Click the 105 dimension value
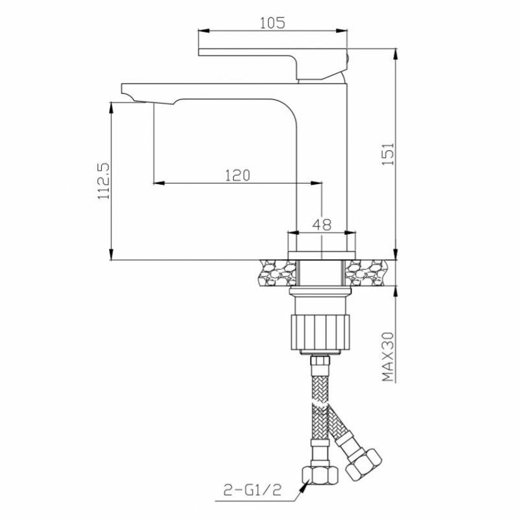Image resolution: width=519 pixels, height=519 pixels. click(272, 23)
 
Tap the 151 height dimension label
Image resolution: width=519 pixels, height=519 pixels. click(388, 154)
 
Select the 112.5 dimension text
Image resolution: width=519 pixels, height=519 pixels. click(104, 181)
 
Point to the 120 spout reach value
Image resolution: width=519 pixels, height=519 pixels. click(237, 175)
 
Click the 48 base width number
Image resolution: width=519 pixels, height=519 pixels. click(322, 224)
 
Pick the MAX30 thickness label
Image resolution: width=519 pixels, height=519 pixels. click(388, 357)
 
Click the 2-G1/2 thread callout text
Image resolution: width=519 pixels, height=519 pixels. click(252, 490)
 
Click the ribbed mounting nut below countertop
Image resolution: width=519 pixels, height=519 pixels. click(320, 332)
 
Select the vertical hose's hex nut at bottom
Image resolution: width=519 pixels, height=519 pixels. click(320, 476)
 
